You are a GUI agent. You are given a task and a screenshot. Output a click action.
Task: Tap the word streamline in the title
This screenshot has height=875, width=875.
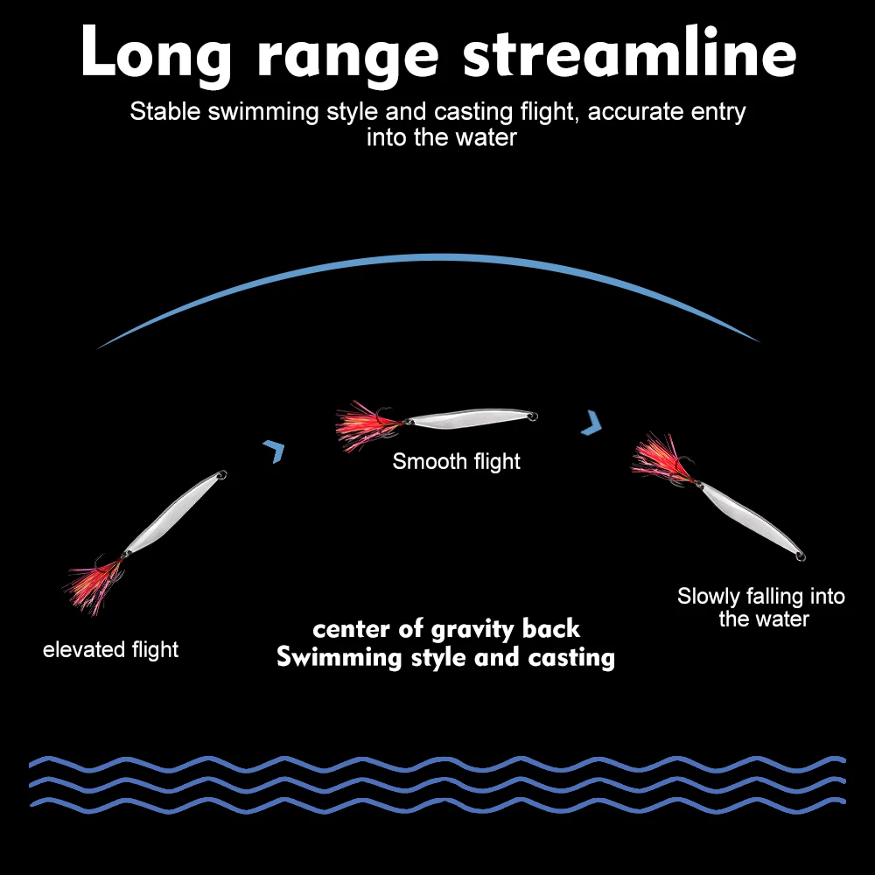[x=629, y=51]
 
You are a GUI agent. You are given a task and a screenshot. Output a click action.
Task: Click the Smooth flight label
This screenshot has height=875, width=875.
[x=456, y=461]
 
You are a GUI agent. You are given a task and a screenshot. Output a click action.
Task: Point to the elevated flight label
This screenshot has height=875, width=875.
[x=110, y=650]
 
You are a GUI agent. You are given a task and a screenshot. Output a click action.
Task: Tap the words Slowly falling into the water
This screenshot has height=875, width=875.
[x=761, y=607]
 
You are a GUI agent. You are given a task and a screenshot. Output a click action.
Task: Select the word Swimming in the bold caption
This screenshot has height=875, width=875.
[x=339, y=657]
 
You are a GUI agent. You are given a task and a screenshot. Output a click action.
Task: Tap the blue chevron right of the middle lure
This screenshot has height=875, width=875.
[x=592, y=423]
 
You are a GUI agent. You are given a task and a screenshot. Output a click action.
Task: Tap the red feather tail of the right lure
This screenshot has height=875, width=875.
[x=662, y=458]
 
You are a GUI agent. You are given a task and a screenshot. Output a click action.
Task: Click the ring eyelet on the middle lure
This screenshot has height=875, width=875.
[x=533, y=416]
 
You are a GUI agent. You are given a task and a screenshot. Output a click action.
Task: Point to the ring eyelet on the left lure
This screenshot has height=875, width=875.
[x=222, y=475]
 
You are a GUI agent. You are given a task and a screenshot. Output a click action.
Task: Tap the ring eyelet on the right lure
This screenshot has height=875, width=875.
[x=801, y=556]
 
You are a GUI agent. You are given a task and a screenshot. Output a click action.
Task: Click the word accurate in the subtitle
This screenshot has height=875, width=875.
[x=633, y=112]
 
